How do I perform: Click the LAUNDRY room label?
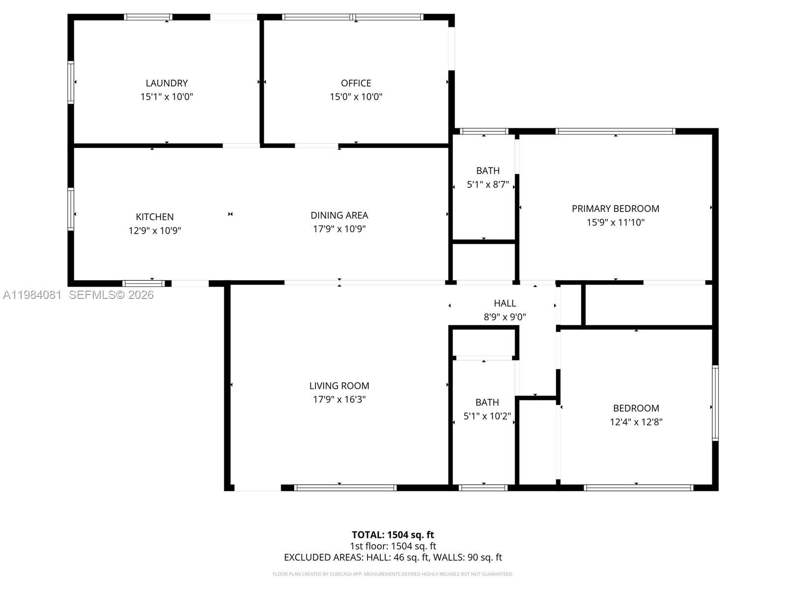point(167,83)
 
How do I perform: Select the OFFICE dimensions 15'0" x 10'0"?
point(356,97)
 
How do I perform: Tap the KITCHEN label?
point(155,217)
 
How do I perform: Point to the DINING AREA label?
point(339,215)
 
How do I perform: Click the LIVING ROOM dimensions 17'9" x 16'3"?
point(339,399)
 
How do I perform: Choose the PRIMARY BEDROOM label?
point(615,208)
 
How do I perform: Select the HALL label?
point(505,303)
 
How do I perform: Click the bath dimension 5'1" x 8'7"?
point(487,185)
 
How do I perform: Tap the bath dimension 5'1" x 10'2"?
point(487,416)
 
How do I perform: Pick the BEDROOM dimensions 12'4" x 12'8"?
point(636,422)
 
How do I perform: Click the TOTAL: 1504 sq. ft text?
point(393,535)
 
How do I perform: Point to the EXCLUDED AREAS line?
point(393,558)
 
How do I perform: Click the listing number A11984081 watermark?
point(32,295)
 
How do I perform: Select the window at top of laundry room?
point(148,17)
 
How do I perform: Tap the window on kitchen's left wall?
point(71,209)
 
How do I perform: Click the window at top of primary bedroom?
point(615,131)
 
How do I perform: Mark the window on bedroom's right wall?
point(715,403)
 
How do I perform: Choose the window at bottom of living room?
point(345,488)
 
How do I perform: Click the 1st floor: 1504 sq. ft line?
point(393,546)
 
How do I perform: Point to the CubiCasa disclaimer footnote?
point(393,574)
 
